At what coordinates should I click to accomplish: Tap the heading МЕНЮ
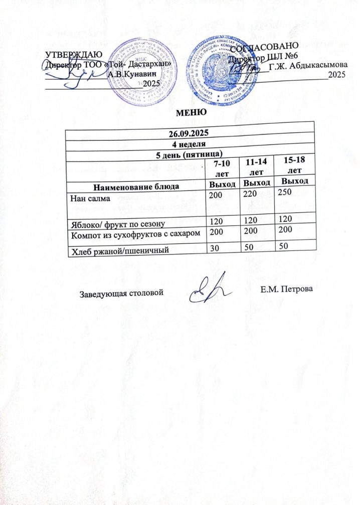pos(188,111)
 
